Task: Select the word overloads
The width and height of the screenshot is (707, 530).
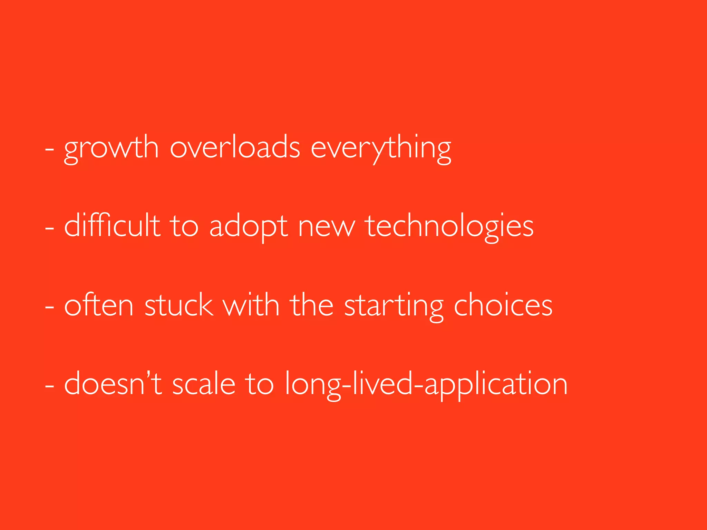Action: pos(235,148)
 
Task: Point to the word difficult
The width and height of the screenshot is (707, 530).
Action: pos(112,226)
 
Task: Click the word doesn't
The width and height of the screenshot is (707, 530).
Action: pos(113,384)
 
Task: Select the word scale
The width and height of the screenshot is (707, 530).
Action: pos(204,384)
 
